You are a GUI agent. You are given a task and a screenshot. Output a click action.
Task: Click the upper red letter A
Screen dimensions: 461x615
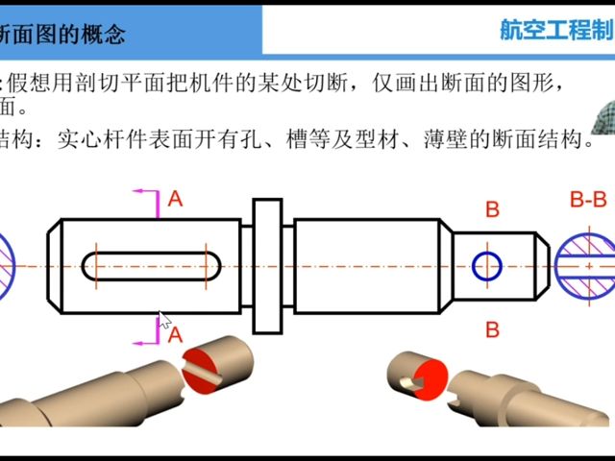[174, 199]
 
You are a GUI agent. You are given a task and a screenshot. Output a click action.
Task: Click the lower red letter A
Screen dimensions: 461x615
[174, 334]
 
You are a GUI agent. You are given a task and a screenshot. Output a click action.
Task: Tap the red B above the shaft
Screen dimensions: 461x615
[492, 209]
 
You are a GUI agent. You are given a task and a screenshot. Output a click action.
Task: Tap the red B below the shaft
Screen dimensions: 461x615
[492, 329]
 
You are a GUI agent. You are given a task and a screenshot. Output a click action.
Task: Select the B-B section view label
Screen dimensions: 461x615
[588, 200]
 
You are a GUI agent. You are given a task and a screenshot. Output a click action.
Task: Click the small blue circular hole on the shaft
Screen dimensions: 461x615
[487, 266]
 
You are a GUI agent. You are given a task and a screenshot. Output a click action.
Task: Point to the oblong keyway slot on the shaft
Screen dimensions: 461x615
[149, 266]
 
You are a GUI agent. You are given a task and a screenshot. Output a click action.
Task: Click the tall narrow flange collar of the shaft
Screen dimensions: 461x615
[266, 265]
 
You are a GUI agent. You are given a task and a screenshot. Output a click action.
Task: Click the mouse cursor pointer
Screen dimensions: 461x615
[163, 321]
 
